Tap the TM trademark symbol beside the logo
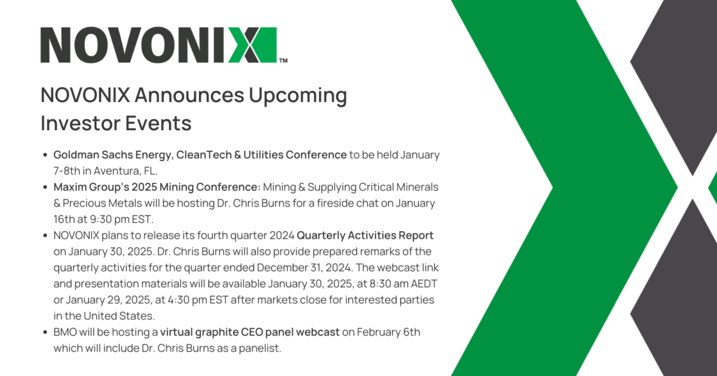(x=283, y=60)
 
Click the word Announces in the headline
(x=189, y=95)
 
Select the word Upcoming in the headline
(x=298, y=96)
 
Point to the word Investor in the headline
(x=80, y=123)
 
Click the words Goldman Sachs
(x=93, y=155)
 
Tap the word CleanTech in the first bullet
(x=204, y=155)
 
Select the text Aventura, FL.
(x=125, y=171)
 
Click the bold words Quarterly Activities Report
(x=365, y=236)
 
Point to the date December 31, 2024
(x=305, y=267)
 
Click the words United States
(x=119, y=316)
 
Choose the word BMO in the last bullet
(x=65, y=332)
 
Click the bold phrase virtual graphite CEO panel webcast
(x=250, y=332)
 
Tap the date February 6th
(x=388, y=332)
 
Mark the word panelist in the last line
(x=260, y=349)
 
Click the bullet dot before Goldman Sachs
(x=45, y=155)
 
